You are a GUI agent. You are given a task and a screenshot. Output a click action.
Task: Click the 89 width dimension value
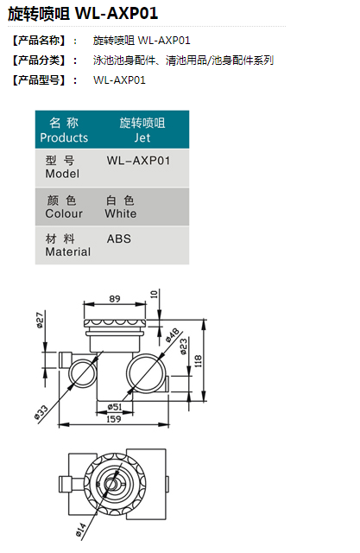click(x=115, y=299)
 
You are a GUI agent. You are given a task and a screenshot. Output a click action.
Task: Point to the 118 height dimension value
click(x=199, y=361)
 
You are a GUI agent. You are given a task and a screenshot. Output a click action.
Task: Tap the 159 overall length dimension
click(x=114, y=419)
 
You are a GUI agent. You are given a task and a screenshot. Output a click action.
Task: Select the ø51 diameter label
click(x=115, y=407)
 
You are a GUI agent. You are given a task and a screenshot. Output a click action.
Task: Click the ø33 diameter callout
click(x=41, y=413)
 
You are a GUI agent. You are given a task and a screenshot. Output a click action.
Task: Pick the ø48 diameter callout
click(x=173, y=335)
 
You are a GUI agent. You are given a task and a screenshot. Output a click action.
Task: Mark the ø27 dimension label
click(x=40, y=320)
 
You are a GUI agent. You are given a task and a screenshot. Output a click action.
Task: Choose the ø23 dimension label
click(x=184, y=346)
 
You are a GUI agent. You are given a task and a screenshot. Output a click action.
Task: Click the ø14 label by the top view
click(x=80, y=530)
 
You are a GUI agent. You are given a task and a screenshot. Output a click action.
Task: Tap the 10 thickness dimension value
click(x=154, y=294)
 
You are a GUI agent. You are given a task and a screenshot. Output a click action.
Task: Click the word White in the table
click(x=121, y=213)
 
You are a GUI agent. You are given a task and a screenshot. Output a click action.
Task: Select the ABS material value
click(x=119, y=238)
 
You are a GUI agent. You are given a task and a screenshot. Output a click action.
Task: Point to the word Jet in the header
click(x=142, y=138)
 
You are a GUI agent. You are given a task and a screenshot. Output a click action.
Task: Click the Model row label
click(x=62, y=174)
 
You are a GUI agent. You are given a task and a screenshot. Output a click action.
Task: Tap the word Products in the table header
click(x=64, y=137)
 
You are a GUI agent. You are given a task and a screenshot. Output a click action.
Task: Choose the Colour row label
click(x=64, y=213)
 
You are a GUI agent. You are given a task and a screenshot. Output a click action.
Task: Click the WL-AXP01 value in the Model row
click(x=138, y=161)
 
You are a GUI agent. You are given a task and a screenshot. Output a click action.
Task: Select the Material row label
click(x=68, y=251)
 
